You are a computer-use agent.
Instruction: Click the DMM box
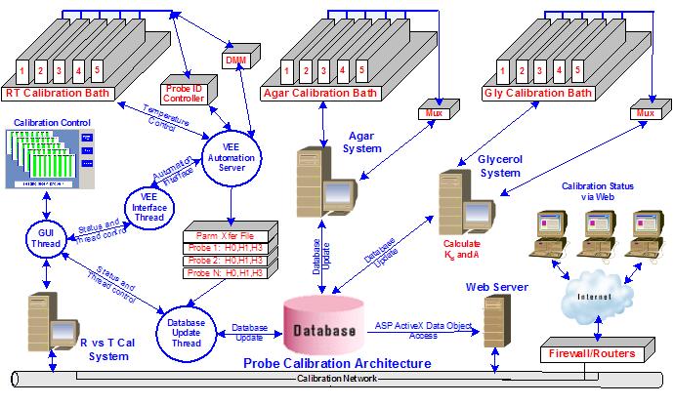coord(234,61)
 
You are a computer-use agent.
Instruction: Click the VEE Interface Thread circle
coord(147,205)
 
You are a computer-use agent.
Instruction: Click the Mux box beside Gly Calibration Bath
coord(643,113)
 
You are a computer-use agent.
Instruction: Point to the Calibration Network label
coord(336,377)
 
